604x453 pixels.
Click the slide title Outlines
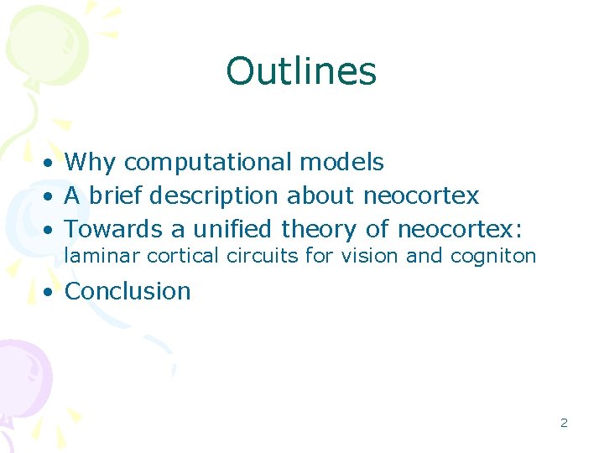tap(301, 71)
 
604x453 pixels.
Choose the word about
tap(321, 195)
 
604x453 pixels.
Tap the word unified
tap(235, 228)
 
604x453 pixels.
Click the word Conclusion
tap(128, 291)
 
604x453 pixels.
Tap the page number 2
tap(564, 423)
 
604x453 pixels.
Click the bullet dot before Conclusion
tap(51, 292)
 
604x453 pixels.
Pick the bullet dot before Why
tap(51, 162)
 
